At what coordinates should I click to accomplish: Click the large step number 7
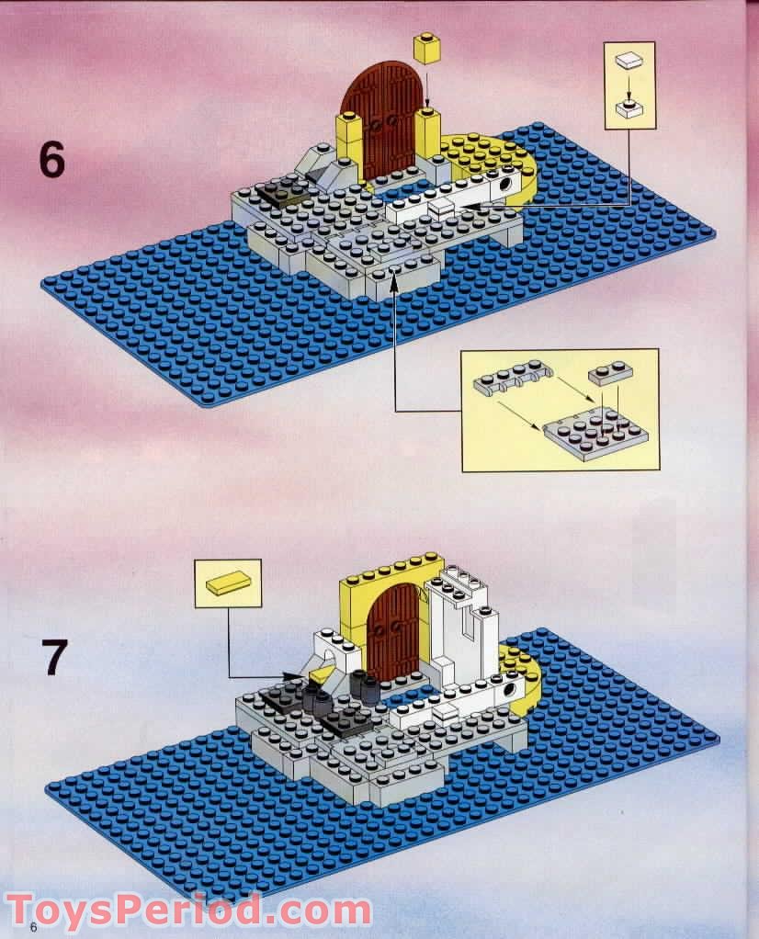[54, 657]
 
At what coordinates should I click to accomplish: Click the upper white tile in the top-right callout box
[628, 62]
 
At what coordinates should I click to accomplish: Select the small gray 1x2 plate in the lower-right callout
[609, 373]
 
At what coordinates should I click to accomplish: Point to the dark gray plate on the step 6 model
[278, 194]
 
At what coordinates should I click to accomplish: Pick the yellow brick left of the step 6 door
[350, 135]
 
